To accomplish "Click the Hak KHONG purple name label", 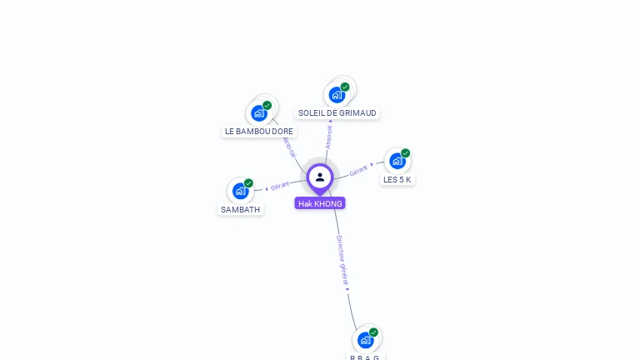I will pos(320,203).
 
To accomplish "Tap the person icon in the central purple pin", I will pos(320,177).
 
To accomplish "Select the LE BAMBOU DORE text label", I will pos(259,132).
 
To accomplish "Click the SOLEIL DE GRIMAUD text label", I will pos(337,113).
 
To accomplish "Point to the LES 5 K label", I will pos(397,180).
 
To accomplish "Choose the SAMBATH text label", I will pos(241,210).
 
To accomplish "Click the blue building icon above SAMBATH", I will pos(241,191).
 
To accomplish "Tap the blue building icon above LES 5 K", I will pos(397,161).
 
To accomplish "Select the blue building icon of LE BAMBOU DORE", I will pos(258,113).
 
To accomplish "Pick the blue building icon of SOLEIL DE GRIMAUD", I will pos(337,94).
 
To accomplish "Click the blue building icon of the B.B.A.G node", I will pos(365,340).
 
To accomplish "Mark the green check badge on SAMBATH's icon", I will pos(248,183).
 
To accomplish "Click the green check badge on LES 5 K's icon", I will pos(405,153).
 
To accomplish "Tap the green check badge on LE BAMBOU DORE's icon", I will pos(267,106).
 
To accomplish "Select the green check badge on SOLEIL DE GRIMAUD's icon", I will pos(344,87).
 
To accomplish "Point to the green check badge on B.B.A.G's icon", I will pos(373,332).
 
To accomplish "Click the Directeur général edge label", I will pos(342,261).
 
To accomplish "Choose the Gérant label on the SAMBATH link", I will pos(280,186).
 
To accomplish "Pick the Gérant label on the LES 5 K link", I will pos(358,170).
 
